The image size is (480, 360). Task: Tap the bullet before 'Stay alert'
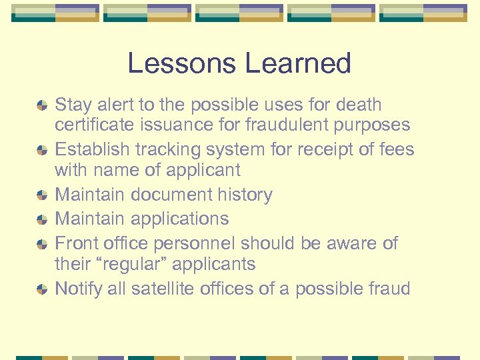pyautogui.click(x=42, y=105)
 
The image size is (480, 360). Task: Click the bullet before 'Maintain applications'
pyautogui.click(x=42, y=219)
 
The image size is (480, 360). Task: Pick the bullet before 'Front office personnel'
pyautogui.click(x=42, y=244)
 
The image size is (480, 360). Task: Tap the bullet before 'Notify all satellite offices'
pyautogui.click(x=42, y=289)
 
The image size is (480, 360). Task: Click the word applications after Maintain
pyautogui.click(x=180, y=219)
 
